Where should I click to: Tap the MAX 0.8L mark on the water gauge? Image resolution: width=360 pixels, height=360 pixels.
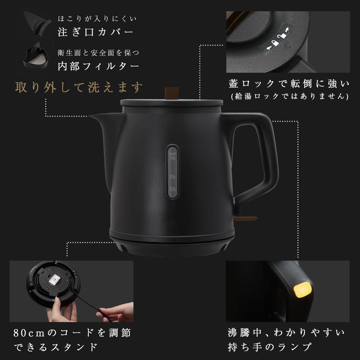[x=172, y=156]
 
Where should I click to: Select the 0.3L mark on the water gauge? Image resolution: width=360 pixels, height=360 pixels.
[x=172, y=189]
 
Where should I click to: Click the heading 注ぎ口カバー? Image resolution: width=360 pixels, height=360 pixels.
[x=95, y=32]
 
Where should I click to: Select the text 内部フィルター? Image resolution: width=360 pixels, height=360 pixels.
[x=98, y=66]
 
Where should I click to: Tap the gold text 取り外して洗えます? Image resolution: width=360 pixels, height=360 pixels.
[x=79, y=87]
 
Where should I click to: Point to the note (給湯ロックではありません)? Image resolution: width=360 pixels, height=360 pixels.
[x=289, y=96]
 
